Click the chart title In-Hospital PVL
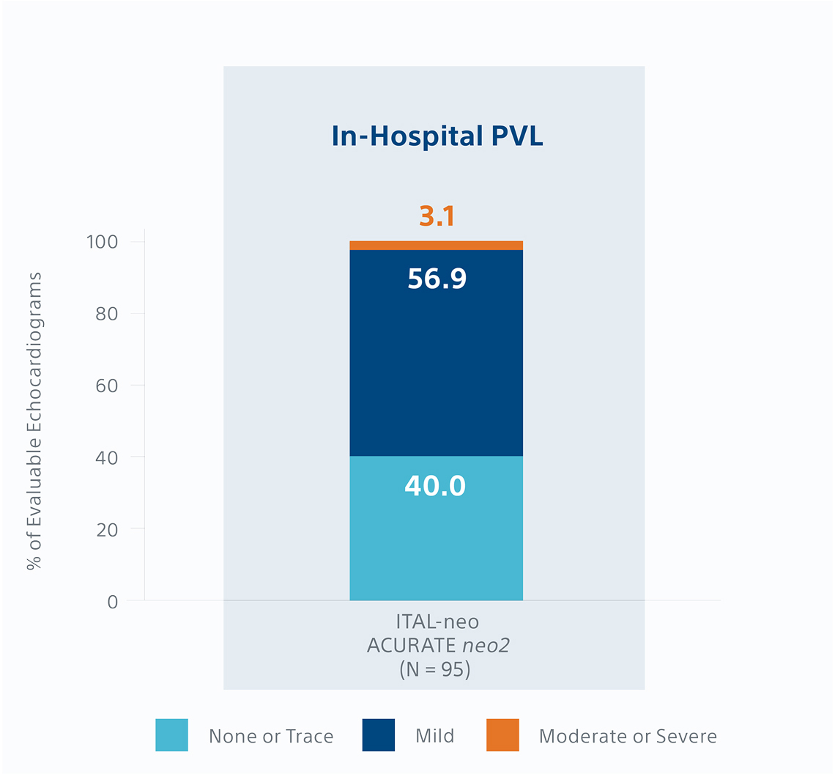[437, 137]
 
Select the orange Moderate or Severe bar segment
[436, 246]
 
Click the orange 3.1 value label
[437, 216]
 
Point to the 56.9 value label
[437, 279]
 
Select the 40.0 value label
[435, 486]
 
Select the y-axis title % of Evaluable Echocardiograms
[34, 421]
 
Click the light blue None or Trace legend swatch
[171, 735]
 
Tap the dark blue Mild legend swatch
[379, 735]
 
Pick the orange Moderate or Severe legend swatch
[502, 735]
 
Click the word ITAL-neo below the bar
[437, 622]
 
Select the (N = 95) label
[437, 670]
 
